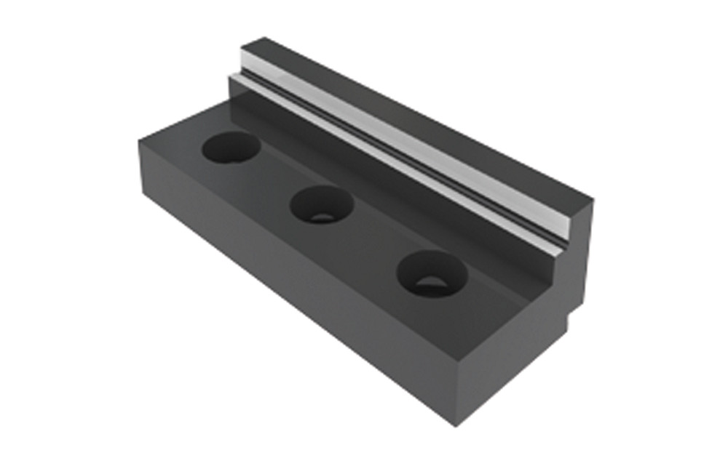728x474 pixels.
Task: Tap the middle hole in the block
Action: [322, 204]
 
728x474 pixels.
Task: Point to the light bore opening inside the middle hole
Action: [321, 216]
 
